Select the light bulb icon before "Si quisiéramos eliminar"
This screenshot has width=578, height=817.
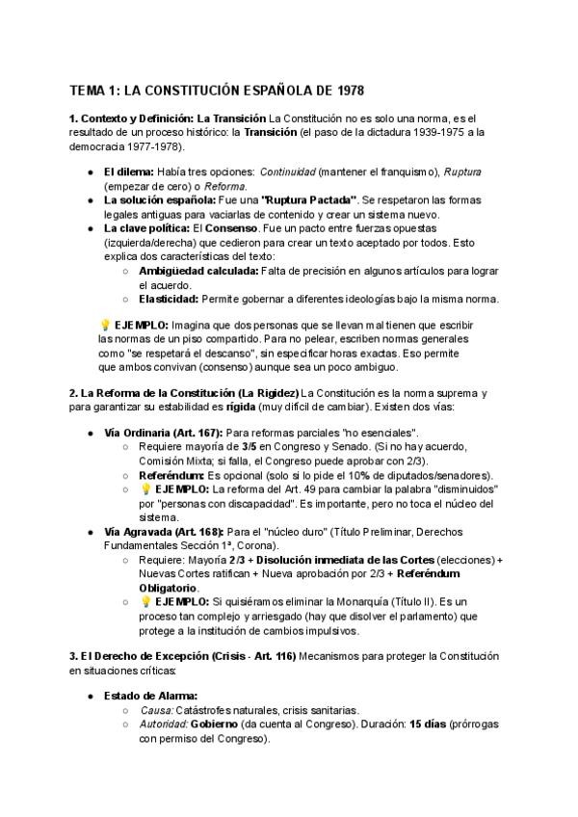tap(145, 602)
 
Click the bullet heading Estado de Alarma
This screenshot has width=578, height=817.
tap(151, 695)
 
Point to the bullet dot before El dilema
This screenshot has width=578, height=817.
tap(90, 171)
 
